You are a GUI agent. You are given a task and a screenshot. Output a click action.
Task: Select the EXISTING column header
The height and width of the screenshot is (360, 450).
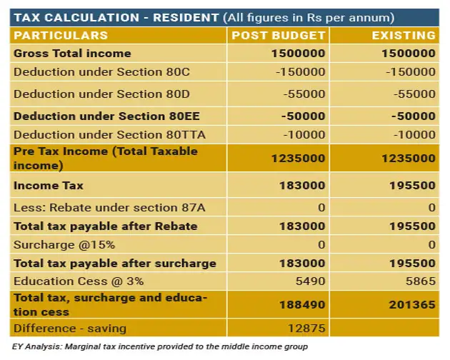coord(404,35)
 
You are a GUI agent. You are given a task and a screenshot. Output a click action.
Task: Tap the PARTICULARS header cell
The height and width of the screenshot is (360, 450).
coord(61,35)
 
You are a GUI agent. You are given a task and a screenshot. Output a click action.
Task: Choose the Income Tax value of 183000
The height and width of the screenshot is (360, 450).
coord(299,186)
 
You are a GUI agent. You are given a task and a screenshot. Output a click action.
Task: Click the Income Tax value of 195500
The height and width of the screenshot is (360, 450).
coord(409,186)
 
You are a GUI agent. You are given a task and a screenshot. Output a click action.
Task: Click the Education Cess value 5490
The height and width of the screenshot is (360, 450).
coord(310,281)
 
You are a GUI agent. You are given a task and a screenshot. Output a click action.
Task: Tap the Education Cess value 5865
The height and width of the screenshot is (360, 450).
coord(420,281)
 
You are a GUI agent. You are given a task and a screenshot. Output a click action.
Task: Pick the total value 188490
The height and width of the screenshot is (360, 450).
coord(299,305)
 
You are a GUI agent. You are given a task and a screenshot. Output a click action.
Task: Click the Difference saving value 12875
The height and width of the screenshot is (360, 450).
coord(306,329)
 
